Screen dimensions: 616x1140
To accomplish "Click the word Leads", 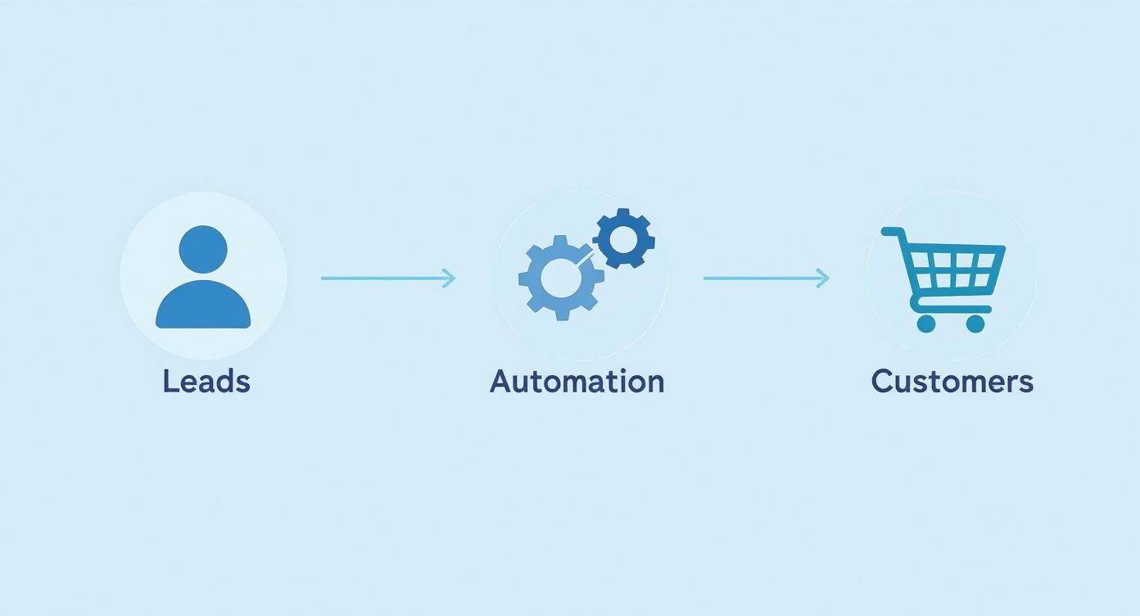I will click(x=206, y=381).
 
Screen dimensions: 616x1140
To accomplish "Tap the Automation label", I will click(x=577, y=381).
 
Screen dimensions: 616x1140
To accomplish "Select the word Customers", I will click(x=952, y=381).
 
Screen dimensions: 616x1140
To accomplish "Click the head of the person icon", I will click(x=202, y=250).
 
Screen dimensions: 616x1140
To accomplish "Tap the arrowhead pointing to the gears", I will click(x=449, y=279).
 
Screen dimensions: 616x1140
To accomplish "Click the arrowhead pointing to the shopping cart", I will click(x=823, y=279).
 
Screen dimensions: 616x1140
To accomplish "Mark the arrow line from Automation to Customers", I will click(x=762, y=279).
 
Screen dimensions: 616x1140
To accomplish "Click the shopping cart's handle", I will click(x=892, y=233).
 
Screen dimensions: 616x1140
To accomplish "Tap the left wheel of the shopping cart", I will click(x=925, y=324).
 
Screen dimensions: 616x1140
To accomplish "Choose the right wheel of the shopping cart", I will click(x=975, y=324).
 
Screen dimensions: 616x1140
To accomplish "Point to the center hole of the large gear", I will click(x=560, y=279).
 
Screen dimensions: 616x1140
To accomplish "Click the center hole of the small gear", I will click(x=624, y=238).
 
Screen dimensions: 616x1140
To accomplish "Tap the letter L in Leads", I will click(x=170, y=381).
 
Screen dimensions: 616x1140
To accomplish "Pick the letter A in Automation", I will click(x=500, y=381).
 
